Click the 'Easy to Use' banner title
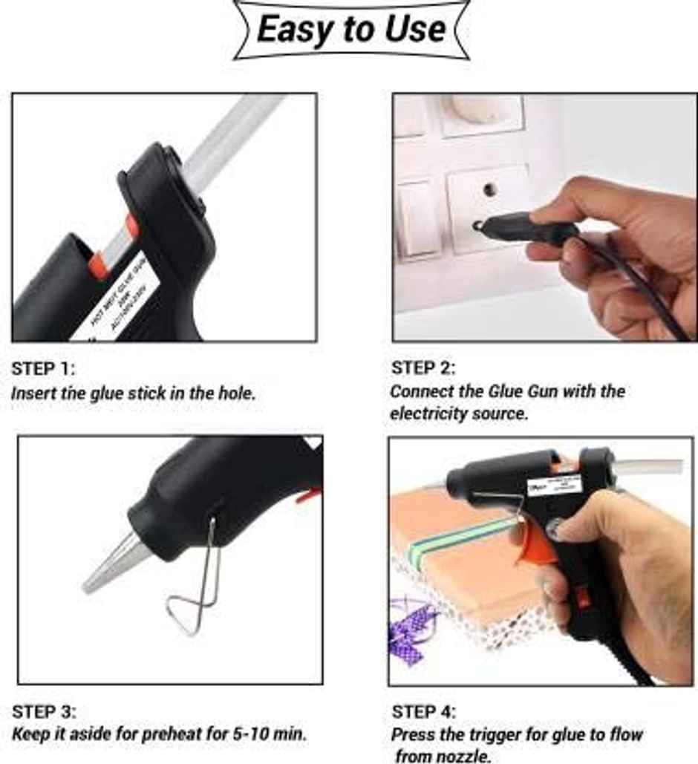click(x=351, y=30)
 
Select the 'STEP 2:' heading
click(x=423, y=368)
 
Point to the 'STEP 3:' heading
click(x=44, y=712)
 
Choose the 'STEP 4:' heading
click(x=424, y=712)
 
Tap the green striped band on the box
click(x=460, y=538)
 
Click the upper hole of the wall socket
click(x=490, y=189)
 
